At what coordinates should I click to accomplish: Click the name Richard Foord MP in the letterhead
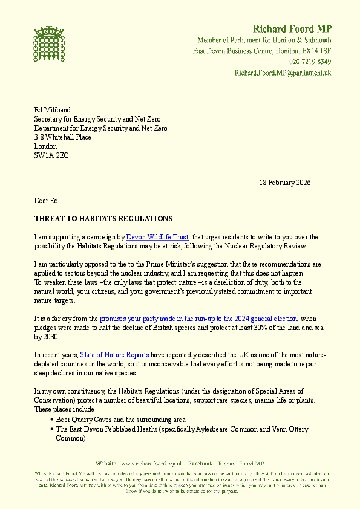click(x=292, y=28)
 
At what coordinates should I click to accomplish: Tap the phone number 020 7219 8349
click(x=310, y=62)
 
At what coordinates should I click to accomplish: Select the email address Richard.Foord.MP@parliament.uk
click(x=283, y=73)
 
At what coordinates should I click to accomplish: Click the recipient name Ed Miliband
click(x=53, y=110)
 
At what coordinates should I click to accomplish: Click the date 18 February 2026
click(x=285, y=183)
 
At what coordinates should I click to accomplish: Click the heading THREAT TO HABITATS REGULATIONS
click(x=103, y=219)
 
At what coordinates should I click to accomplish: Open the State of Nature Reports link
click(x=118, y=355)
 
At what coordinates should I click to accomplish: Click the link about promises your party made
click(x=198, y=318)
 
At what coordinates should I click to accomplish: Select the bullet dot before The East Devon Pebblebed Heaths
click(x=52, y=429)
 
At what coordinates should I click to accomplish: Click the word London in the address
click(x=45, y=146)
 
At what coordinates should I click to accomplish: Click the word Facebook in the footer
click(x=200, y=463)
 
